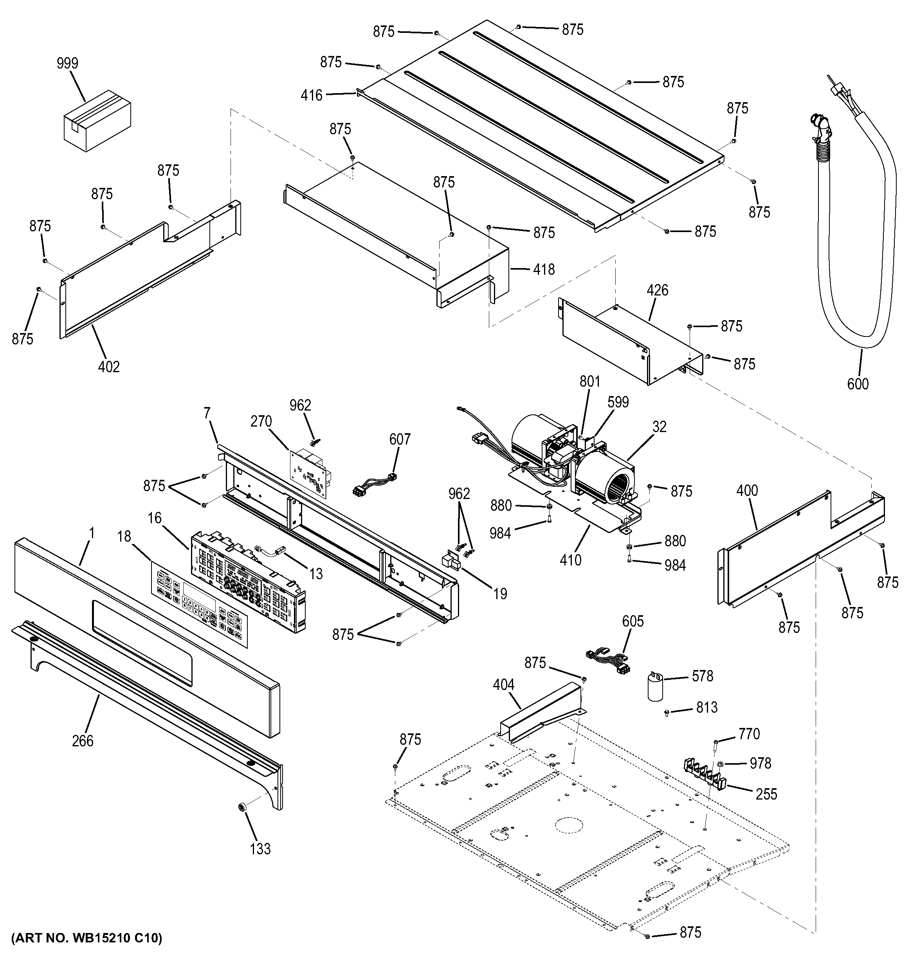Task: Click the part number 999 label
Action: pos(67,63)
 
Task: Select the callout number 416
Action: pos(312,95)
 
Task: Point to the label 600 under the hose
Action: pos(858,384)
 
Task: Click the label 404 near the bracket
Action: pos(503,685)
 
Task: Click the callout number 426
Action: pos(658,290)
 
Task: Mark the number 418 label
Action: pos(544,269)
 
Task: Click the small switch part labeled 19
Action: pos(451,562)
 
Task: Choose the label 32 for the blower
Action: pos(659,427)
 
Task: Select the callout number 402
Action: pos(109,367)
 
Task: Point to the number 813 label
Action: pos(707,707)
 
